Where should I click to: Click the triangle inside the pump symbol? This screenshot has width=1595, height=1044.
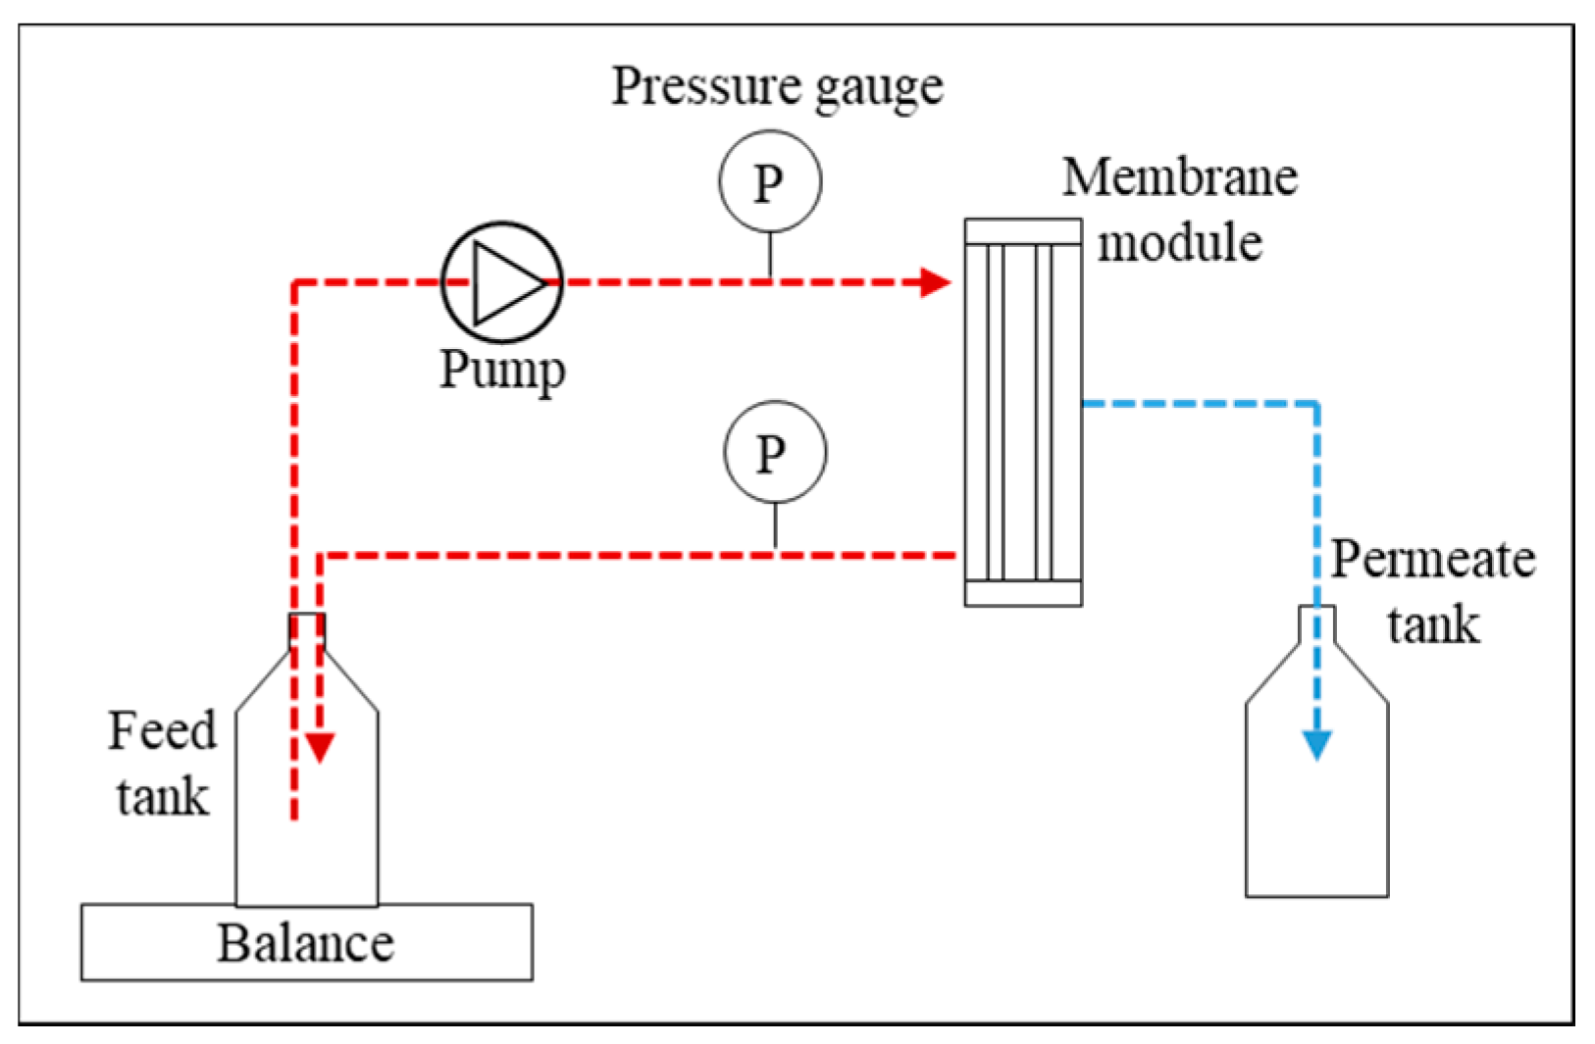tap(506, 282)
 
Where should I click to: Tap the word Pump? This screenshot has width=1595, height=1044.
tap(501, 370)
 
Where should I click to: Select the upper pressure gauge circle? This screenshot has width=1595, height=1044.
tap(769, 182)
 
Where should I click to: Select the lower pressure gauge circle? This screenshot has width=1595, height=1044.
tap(774, 453)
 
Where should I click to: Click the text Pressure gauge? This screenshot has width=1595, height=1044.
tap(777, 86)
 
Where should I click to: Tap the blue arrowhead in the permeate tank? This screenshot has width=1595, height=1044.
tap(1316, 745)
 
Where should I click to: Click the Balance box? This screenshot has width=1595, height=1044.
tap(306, 943)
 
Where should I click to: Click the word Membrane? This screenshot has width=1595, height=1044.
tap(1179, 178)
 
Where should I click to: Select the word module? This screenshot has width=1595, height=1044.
tap(1179, 242)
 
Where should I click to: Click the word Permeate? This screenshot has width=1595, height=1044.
tap(1432, 560)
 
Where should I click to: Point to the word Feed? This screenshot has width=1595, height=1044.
tap(162, 730)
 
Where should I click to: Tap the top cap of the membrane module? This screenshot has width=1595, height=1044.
tap(1023, 231)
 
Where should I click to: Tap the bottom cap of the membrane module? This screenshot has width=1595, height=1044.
tap(1023, 593)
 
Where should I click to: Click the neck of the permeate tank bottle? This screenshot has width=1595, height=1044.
tap(1316, 623)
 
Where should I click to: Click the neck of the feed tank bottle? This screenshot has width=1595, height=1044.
tap(307, 630)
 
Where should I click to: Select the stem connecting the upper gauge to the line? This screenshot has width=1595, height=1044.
tap(770, 255)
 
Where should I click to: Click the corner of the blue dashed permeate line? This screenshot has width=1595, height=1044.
tap(1315, 403)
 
